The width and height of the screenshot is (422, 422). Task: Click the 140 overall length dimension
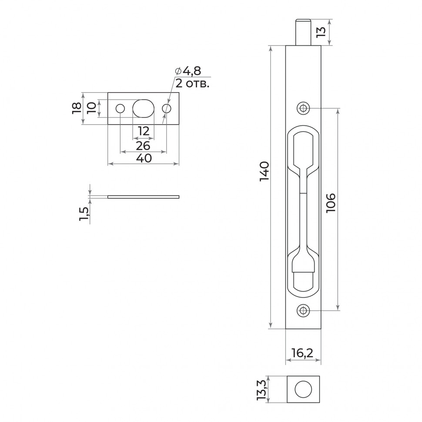click(x=264, y=171)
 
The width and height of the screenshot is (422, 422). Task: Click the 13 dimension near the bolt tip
click(x=321, y=32)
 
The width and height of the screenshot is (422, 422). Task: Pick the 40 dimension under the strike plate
click(x=144, y=158)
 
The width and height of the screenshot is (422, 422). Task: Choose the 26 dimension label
click(x=143, y=145)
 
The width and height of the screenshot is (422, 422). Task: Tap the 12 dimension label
click(x=143, y=131)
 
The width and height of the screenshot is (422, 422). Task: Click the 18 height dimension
click(x=76, y=108)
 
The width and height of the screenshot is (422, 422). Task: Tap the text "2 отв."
click(x=192, y=84)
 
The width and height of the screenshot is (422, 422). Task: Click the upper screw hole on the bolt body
click(x=303, y=108)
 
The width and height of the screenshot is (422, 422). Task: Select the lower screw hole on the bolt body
click(x=303, y=310)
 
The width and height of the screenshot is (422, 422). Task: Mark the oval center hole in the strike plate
click(x=143, y=108)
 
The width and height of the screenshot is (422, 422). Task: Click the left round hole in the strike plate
click(x=120, y=108)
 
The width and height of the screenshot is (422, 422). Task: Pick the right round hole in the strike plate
click(x=167, y=108)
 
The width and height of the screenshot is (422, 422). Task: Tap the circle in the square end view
click(x=303, y=389)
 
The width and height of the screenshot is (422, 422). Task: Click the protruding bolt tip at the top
click(x=303, y=32)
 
